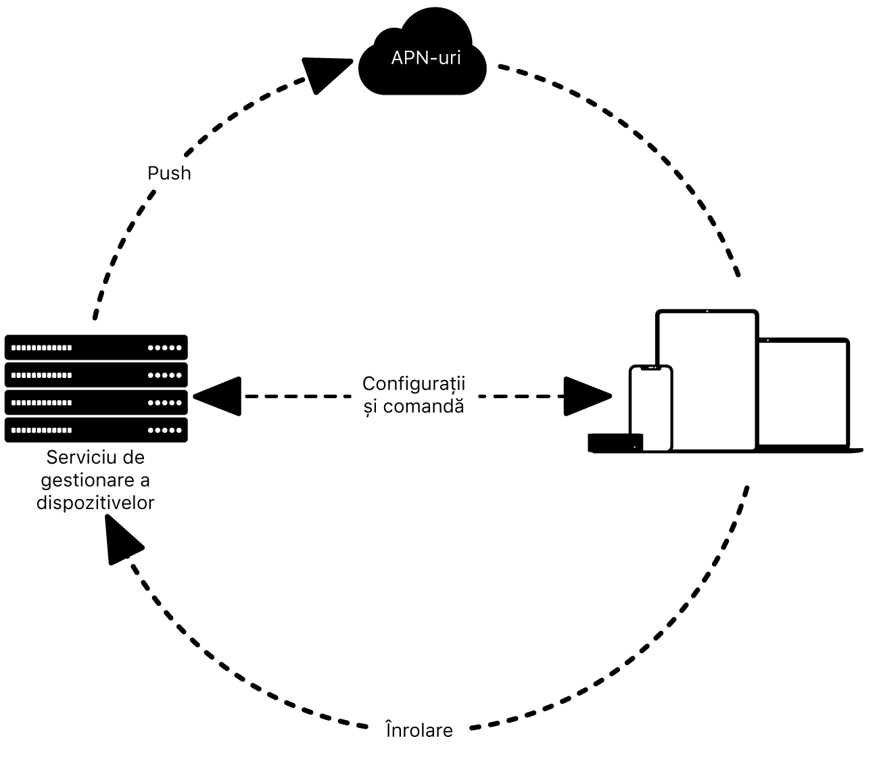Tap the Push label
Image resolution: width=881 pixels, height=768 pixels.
169,174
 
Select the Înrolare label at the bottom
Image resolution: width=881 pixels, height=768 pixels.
419,730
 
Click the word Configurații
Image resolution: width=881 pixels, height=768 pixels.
414,384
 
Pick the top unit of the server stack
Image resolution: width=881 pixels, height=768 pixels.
96,347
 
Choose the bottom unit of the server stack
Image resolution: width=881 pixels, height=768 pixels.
96,430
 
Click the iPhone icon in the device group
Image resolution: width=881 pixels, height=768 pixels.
650,409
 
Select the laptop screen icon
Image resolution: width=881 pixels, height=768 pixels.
803,392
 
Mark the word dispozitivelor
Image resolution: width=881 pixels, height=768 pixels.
95,503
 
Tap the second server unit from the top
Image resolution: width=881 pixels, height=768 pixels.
96,375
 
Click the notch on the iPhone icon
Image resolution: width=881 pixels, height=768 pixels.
650,368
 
